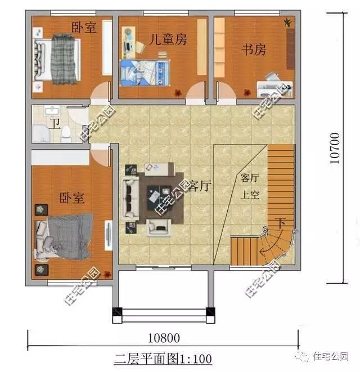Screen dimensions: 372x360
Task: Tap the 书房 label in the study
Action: click(254, 50)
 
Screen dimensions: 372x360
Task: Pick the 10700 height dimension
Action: click(335, 148)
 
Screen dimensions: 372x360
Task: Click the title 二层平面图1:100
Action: click(163, 358)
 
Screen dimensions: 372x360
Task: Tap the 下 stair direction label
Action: click(280, 224)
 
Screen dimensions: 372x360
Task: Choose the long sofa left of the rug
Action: click(131, 198)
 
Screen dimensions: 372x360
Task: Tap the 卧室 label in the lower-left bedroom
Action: click(72, 198)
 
